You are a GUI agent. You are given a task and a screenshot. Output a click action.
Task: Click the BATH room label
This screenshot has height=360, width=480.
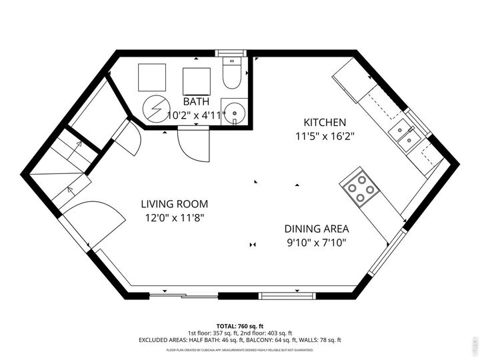(x=196, y=102)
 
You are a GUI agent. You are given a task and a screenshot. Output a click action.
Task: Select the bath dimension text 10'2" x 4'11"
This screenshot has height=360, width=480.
(x=196, y=115)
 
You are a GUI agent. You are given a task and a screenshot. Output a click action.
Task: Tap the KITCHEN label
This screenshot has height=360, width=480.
(x=325, y=123)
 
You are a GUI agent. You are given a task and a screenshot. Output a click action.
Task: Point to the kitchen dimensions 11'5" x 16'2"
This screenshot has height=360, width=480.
(x=325, y=136)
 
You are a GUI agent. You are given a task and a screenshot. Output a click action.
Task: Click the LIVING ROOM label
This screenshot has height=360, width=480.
(x=174, y=204)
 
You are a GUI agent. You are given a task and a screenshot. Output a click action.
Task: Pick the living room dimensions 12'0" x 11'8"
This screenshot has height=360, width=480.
(x=174, y=217)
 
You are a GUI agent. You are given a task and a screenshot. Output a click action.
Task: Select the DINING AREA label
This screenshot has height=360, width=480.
(x=315, y=228)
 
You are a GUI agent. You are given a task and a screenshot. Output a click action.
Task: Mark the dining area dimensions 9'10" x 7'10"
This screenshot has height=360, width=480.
(x=315, y=241)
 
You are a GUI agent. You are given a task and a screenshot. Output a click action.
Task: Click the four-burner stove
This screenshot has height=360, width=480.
(x=360, y=187)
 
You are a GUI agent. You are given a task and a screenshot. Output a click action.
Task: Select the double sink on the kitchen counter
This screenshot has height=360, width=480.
(x=405, y=131)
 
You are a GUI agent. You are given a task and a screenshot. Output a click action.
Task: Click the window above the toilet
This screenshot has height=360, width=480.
(x=231, y=53)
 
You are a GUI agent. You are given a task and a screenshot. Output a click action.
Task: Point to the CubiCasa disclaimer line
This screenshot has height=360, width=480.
(x=240, y=349)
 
